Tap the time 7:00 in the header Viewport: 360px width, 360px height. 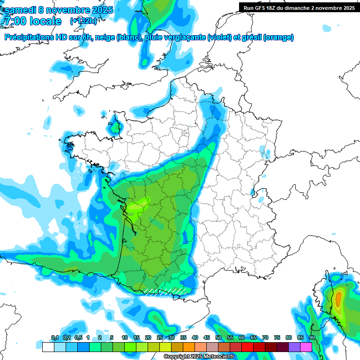[x=16, y=21]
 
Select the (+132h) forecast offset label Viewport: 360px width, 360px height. [x=84, y=21]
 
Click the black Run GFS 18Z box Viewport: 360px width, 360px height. [x=299, y=8]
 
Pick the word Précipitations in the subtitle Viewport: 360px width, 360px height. [x=28, y=37]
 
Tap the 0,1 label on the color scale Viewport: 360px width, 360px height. [x=54, y=338]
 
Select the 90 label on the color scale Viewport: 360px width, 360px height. [x=312, y=338]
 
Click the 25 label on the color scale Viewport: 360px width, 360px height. [x=160, y=338]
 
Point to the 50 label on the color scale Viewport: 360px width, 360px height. [x=218, y=338]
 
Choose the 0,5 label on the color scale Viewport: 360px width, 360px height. [x=78, y=338]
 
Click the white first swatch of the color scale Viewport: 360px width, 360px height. [x=48, y=347]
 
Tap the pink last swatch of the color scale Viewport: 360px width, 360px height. [x=306, y=347]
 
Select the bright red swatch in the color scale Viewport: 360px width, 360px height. [x=247, y=347]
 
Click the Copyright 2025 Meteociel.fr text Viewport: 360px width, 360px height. [x=199, y=356]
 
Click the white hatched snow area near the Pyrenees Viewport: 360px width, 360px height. [x=164, y=291]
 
